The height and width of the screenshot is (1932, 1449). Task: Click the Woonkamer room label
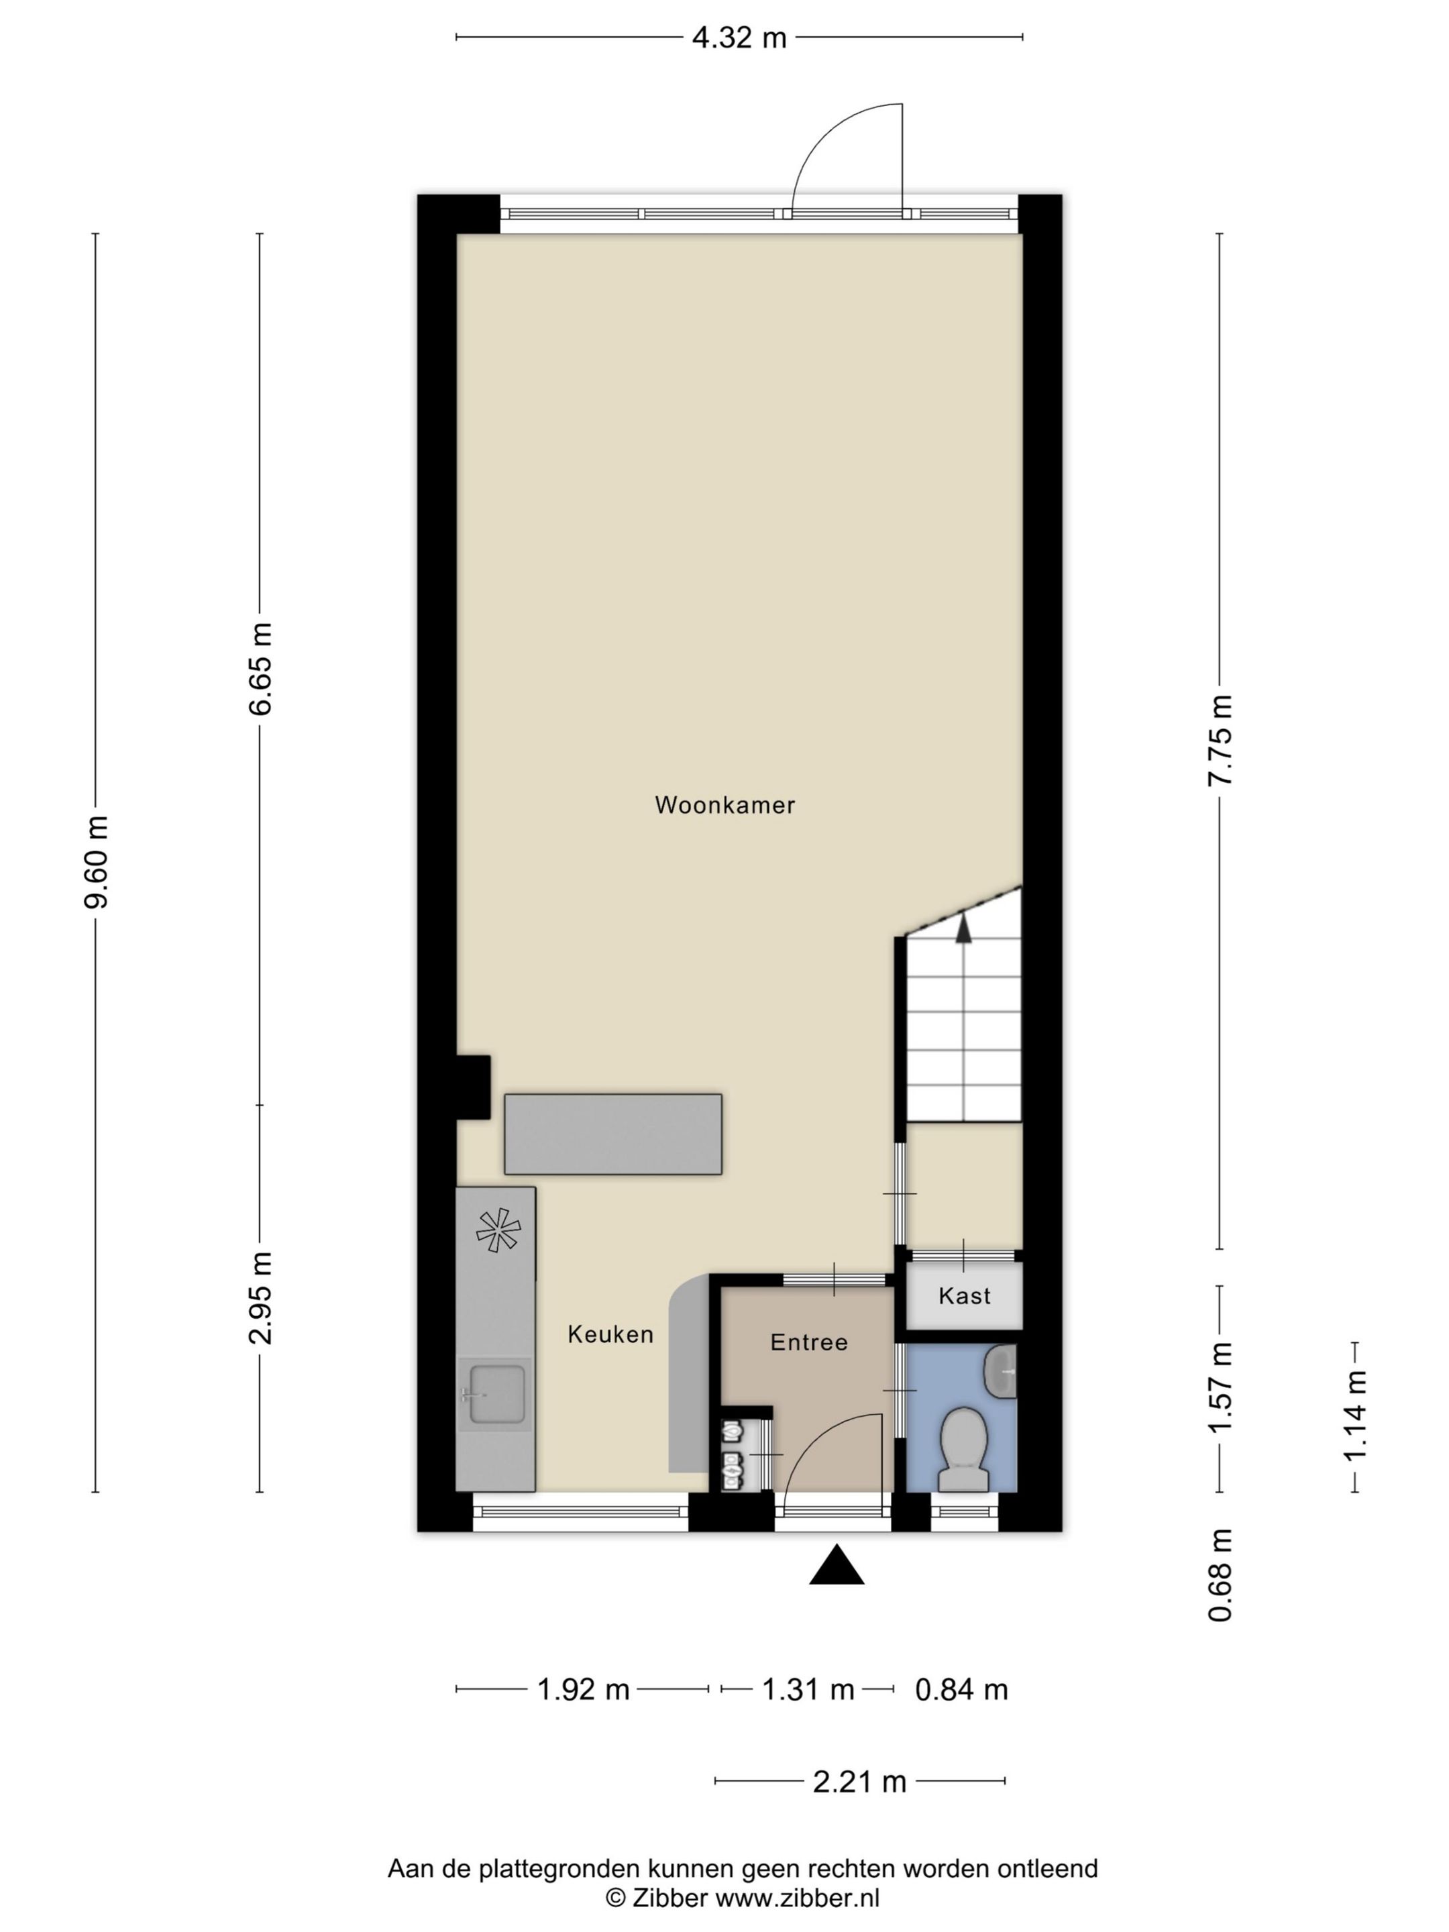(x=724, y=804)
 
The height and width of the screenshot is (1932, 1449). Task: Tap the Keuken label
(x=610, y=1334)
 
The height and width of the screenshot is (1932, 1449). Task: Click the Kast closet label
(x=964, y=1295)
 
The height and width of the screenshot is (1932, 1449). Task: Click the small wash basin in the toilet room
(x=1001, y=1372)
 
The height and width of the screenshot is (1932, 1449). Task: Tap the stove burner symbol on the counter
(x=498, y=1230)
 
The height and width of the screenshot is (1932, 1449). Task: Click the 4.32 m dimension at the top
(x=739, y=38)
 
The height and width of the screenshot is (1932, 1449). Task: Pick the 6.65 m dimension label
(x=260, y=669)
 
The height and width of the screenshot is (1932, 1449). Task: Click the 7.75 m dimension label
(x=1220, y=740)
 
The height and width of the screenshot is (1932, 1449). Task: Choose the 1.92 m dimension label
(x=582, y=1689)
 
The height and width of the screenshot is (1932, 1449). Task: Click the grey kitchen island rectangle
(x=612, y=1133)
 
